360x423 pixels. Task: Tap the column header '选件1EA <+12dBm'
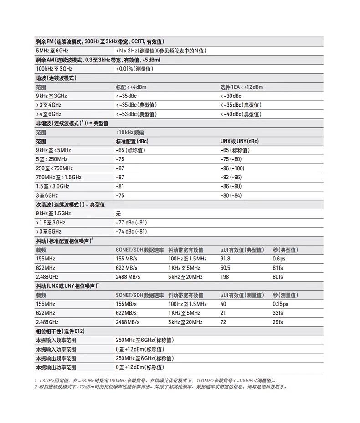click(x=242, y=87)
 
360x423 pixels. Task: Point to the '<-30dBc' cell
click(x=231, y=96)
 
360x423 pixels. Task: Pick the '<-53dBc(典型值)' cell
click(x=136, y=114)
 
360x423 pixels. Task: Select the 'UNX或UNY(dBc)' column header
click(x=239, y=141)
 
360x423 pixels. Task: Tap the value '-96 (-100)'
click(x=232, y=168)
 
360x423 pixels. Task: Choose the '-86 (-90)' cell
click(x=231, y=186)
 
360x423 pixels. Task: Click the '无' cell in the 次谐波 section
click(x=118, y=214)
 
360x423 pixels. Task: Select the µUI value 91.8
click(x=225, y=259)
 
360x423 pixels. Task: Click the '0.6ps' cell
click(x=279, y=259)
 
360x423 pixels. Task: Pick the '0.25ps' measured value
click(x=280, y=304)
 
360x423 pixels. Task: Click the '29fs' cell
click(x=278, y=322)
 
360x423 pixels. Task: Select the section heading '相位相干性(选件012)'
click(x=60, y=331)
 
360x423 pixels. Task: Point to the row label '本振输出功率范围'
click(x=56, y=367)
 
